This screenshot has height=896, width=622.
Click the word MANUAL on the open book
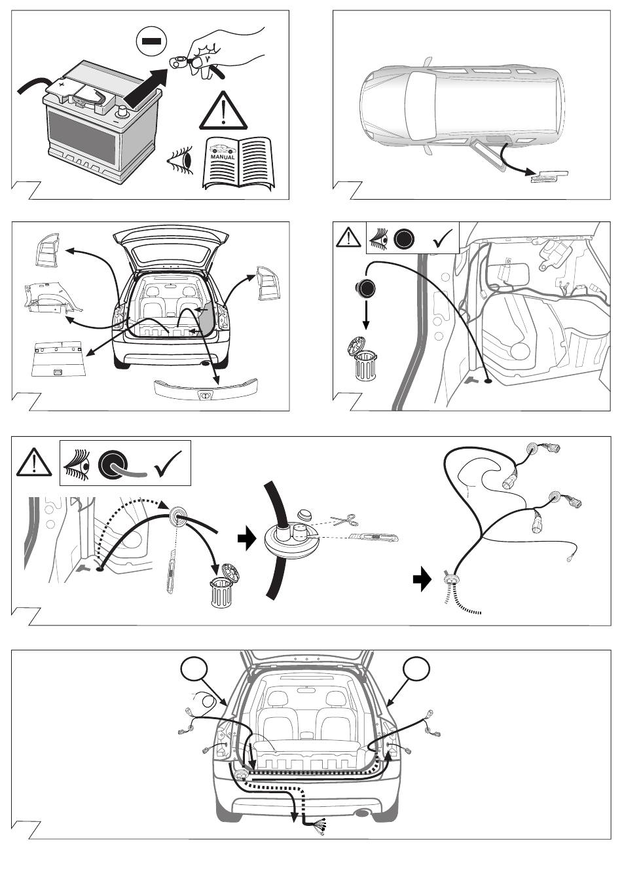223,157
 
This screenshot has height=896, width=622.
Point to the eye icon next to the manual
183,159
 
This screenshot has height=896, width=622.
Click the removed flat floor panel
58,358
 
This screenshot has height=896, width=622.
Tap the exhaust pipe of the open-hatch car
206,362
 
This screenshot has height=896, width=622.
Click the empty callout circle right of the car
417,669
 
